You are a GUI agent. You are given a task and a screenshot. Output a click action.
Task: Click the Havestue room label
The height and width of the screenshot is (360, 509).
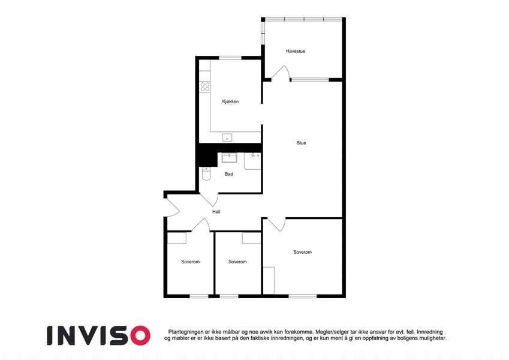[296, 51]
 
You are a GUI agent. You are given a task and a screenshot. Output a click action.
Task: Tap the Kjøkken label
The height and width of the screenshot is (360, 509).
[230, 101]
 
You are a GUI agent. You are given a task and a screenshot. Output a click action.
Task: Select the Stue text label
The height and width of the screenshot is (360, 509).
[301, 143]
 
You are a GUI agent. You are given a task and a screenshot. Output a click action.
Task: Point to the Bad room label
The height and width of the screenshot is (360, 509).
[229, 174]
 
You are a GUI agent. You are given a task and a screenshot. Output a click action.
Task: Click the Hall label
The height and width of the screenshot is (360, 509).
[216, 212]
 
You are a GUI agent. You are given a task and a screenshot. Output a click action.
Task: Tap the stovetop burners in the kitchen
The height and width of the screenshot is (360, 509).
[205, 87]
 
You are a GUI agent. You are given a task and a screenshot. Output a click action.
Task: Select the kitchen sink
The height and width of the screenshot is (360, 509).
[227, 137]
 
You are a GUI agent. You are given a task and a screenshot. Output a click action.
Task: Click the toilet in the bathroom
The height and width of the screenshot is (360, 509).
[206, 173]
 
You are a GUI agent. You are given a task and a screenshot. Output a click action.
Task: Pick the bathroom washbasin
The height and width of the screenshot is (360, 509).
[229, 158]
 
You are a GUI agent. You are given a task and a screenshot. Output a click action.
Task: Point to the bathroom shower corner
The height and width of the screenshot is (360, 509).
[252, 161]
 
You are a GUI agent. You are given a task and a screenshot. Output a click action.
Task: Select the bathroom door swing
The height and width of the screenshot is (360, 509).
[209, 200]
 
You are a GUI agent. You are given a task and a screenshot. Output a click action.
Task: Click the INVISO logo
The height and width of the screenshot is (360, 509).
[99, 335]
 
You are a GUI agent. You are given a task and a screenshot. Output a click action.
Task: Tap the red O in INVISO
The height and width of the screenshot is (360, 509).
[140, 335]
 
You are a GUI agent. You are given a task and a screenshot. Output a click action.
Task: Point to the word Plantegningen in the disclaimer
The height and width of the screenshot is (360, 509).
[186, 332]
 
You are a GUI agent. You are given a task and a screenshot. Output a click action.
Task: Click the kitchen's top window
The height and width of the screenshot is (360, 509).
[230, 58]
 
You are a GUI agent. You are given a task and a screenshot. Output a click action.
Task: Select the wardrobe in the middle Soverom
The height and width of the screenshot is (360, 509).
[251, 238]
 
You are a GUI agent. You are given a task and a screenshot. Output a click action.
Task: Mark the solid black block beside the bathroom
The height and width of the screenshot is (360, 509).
[208, 155]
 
